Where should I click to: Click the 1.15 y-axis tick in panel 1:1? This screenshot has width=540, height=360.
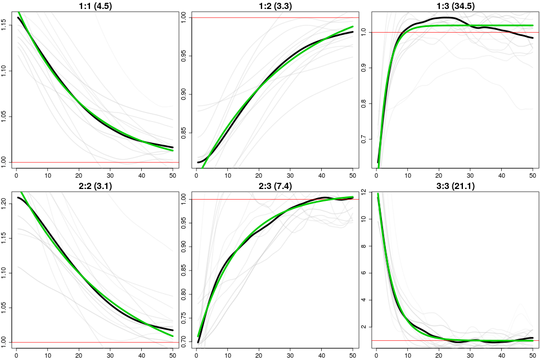[x=4, y=25]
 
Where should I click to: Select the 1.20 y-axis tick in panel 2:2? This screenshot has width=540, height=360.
[x=4, y=201]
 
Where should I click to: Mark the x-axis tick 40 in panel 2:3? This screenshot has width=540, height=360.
[x=321, y=355]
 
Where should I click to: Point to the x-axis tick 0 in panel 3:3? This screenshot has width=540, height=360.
[x=377, y=355]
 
